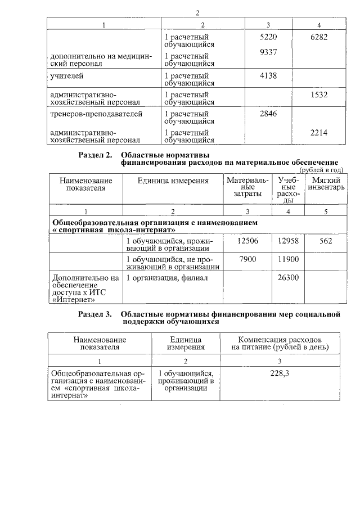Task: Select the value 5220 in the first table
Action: click(x=266, y=37)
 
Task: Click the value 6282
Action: click(x=319, y=37)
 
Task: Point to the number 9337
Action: click(x=266, y=52)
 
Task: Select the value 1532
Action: click(x=319, y=95)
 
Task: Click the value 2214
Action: click(x=319, y=133)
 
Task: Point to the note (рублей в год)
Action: click(x=321, y=169)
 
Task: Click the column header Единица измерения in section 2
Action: click(x=173, y=181)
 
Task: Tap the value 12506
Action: click(x=247, y=241)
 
